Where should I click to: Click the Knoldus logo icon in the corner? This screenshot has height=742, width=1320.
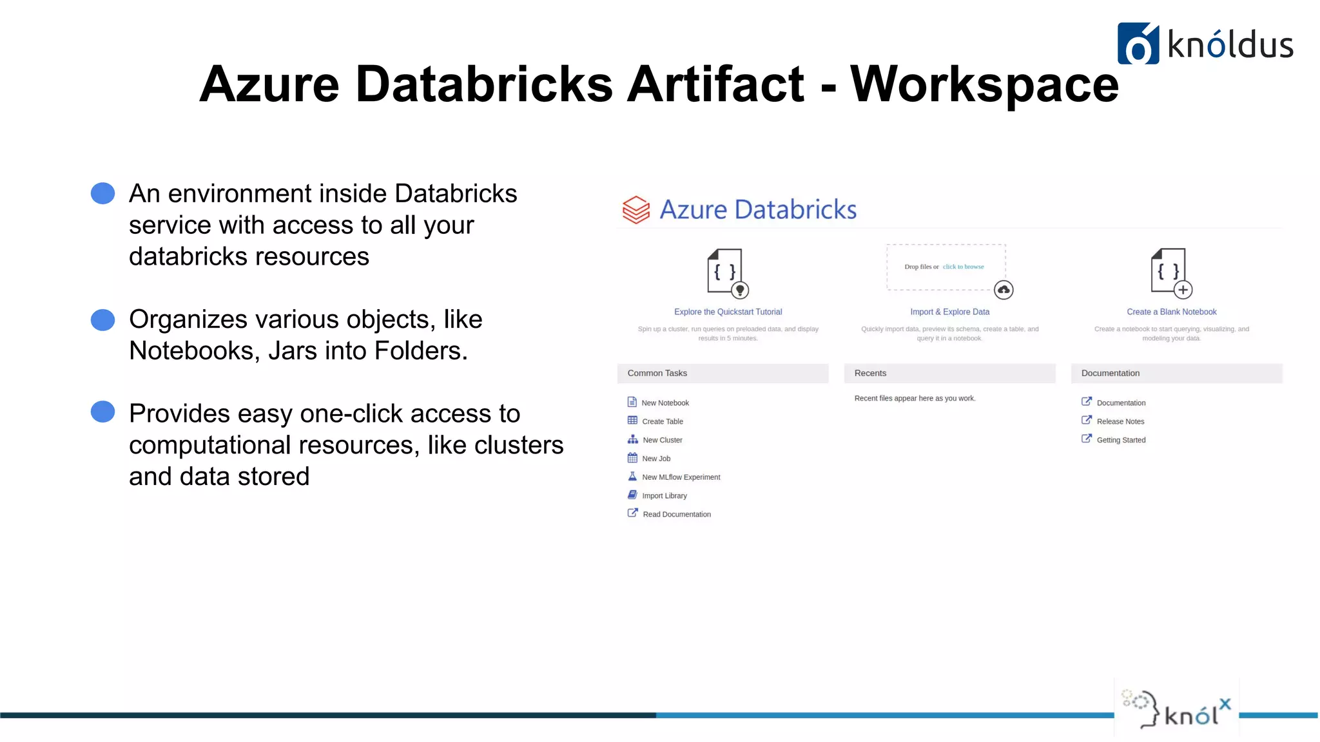point(1138,44)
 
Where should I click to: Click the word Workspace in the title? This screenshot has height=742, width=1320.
point(984,84)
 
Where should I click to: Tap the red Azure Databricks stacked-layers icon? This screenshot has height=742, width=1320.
point(636,210)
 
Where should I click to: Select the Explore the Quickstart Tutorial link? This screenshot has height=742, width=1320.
point(728,312)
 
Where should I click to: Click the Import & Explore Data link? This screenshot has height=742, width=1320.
point(949,312)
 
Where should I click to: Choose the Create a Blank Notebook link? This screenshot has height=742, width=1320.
point(1171,312)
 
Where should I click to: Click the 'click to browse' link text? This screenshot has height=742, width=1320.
point(963,267)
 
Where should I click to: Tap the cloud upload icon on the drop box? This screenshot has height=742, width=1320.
point(1004,290)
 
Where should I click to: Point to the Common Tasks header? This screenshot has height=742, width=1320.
point(657,373)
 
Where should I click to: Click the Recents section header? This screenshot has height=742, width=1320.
point(870,373)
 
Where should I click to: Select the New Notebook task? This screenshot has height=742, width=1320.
point(665,403)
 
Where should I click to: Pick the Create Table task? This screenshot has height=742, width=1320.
point(662,421)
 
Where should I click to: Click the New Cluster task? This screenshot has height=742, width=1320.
point(662,440)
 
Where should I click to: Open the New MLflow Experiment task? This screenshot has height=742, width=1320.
point(681,477)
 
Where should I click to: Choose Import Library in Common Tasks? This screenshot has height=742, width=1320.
point(664,496)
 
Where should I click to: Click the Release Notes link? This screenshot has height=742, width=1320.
point(1120,421)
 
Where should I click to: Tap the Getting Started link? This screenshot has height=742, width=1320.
point(1121,440)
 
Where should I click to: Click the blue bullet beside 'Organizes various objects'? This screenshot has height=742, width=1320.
point(102,319)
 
